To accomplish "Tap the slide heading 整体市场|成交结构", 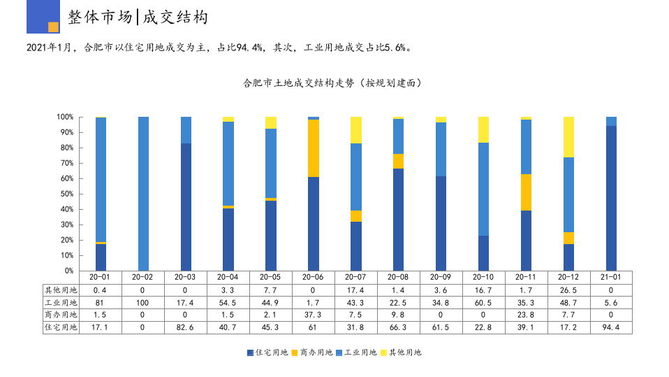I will [138, 17].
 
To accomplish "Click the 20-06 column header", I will [314, 277].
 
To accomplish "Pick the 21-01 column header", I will [611, 277].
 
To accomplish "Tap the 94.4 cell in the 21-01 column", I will [611, 327].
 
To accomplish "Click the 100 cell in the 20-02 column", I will [143, 302].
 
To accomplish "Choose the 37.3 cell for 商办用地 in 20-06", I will [314, 315].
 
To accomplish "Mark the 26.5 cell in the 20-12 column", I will [568, 290].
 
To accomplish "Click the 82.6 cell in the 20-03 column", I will [186, 327].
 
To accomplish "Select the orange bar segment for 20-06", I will [314, 148].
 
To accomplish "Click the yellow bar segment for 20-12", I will [568, 137].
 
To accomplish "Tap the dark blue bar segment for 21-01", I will [611, 198].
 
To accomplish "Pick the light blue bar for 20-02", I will [143, 194].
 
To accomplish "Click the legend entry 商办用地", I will [311, 353].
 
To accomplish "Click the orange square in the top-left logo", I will [53, 27].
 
